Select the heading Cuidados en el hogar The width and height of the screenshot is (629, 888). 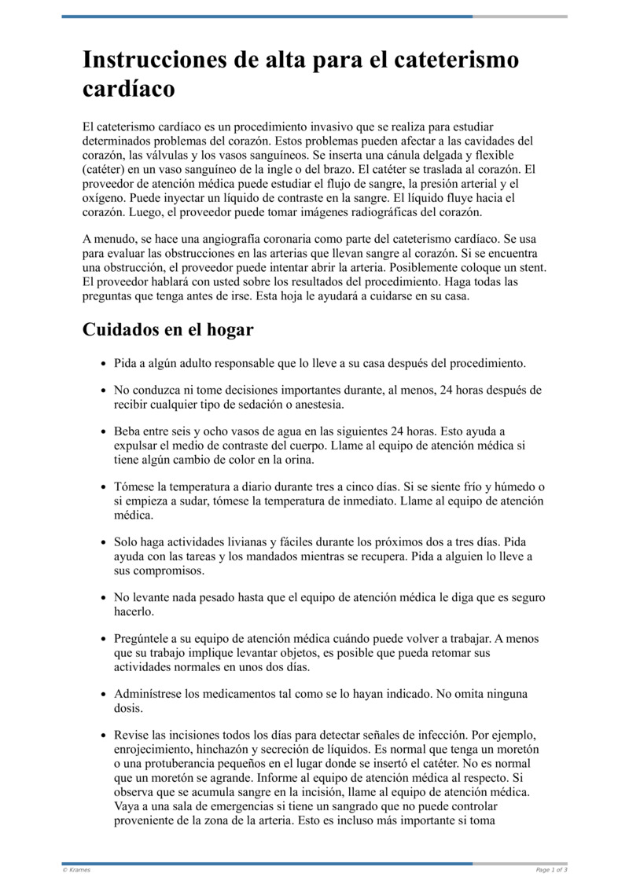[167, 329]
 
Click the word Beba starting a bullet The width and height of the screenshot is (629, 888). [129, 431]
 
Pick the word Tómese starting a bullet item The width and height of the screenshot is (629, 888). [134, 487]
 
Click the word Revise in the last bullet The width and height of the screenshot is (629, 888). [132, 735]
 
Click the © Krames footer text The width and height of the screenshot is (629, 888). [76, 870]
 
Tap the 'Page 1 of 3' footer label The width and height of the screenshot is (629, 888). [550, 870]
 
